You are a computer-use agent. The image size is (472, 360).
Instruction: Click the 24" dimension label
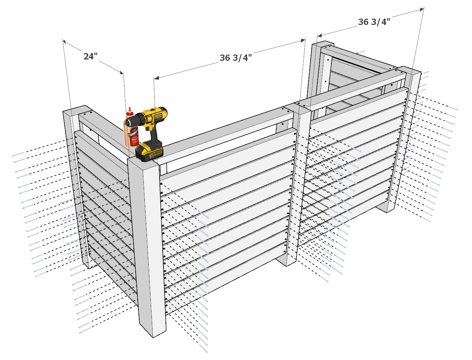pyautogui.click(x=90, y=56)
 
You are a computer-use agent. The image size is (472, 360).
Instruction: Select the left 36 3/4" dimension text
pyautogui.click(x=235, y=58)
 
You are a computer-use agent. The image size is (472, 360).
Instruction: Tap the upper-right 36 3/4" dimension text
pyautogui.click(x=374, y=22)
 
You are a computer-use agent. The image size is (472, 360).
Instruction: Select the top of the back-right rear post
pyautogui.click(x=323, y=45)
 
